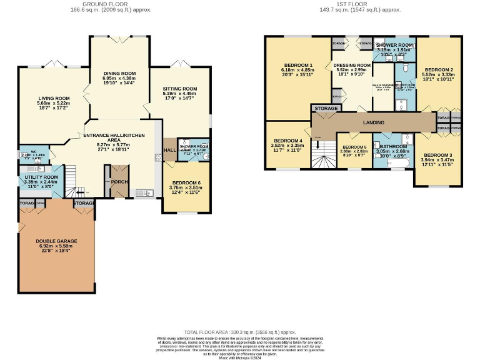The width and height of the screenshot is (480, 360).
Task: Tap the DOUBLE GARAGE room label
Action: tap(56, 241)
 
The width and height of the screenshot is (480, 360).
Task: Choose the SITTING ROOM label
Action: tap(180, 89)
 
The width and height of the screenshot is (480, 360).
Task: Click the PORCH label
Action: tap(119, 182)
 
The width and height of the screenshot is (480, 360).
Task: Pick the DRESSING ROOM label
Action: tap(352, 65)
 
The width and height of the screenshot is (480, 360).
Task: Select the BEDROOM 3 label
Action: tap(435, 154)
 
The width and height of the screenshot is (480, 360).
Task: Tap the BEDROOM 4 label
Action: tap(287, 141)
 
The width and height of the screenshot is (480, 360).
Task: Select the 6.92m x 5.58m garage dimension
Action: tap(56, 247)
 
